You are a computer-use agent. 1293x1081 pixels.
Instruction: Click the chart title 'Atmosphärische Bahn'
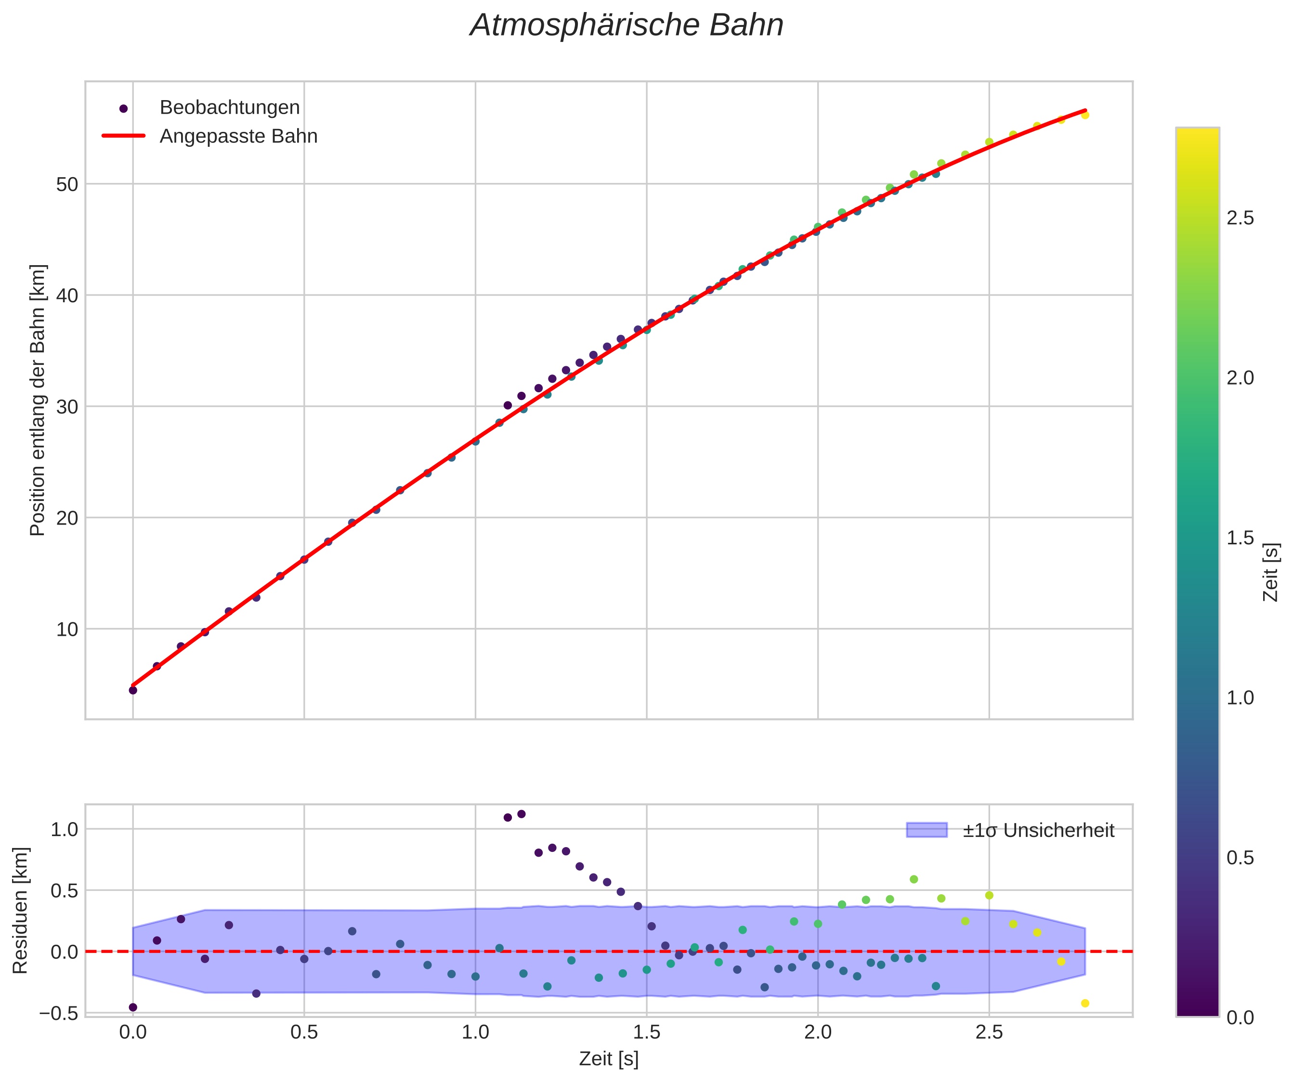[x=626, y=26]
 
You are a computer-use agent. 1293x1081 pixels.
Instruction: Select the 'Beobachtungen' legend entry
[x=229, y=108]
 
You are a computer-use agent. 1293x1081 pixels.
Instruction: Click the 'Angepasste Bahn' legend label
[x=238, y=136]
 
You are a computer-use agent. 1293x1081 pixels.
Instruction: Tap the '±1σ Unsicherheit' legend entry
[x=1038, y=831]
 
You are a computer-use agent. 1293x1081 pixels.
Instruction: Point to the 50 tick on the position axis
[x=68, y=184]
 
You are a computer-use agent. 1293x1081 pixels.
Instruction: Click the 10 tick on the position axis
[x=68, y=630]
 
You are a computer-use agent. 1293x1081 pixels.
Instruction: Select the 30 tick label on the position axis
[x=68, y=407]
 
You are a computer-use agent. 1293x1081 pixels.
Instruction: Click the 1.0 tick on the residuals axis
[x=64, y=829]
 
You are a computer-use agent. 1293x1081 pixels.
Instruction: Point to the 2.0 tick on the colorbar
[x=1240, y=378]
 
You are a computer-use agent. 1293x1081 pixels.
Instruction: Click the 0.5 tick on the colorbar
[x=1240, y=858]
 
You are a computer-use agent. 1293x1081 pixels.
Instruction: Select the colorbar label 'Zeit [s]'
[x=1271, y=572]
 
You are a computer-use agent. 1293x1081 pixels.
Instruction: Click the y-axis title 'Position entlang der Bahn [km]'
[x=38, y=400]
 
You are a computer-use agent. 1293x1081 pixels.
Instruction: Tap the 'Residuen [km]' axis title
[x=21, y=911]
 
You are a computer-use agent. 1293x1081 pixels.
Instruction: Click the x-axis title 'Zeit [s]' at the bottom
[x=608, y=1059]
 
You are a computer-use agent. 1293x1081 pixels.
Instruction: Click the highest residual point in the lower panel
[x=522, y=814]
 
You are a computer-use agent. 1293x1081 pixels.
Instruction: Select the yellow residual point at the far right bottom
[x=1085, y=1004]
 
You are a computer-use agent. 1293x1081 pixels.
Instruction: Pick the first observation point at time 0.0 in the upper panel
[x=133, y=690]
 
